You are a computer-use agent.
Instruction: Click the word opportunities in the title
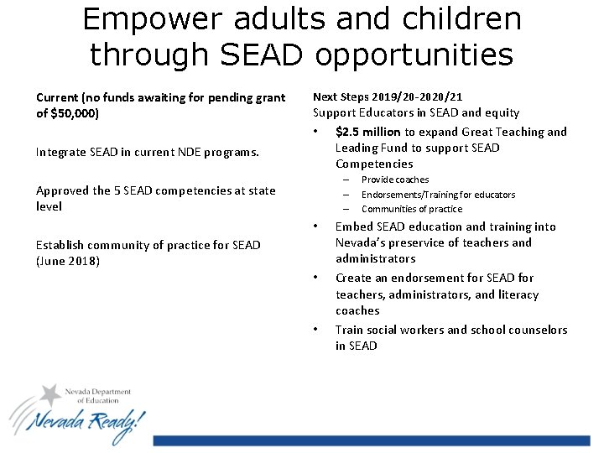pyautogui.click(x=414, y=55)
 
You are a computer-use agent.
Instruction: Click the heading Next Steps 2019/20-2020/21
pyautogui.click(x=387, y=96)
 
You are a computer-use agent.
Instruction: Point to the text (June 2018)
pyautogui.click(x=68, y=261)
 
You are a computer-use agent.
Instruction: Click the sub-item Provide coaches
pyautogui.click(x=394, y=180)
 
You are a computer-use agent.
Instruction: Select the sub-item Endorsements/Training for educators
pyautogui.click(x=438, y=195)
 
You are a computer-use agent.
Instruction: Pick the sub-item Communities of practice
pyautogui.click(x=411, y=209)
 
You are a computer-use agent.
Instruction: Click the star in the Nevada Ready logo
pyautogui.click(x=51, y=394)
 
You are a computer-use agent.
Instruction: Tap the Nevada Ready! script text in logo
pyautogui.click(x=84, y=422)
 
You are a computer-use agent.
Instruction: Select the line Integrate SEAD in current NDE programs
pyautogui.click(x=147, y=153)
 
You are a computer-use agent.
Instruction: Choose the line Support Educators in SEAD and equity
pyautogui.click(x=415, y=112)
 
